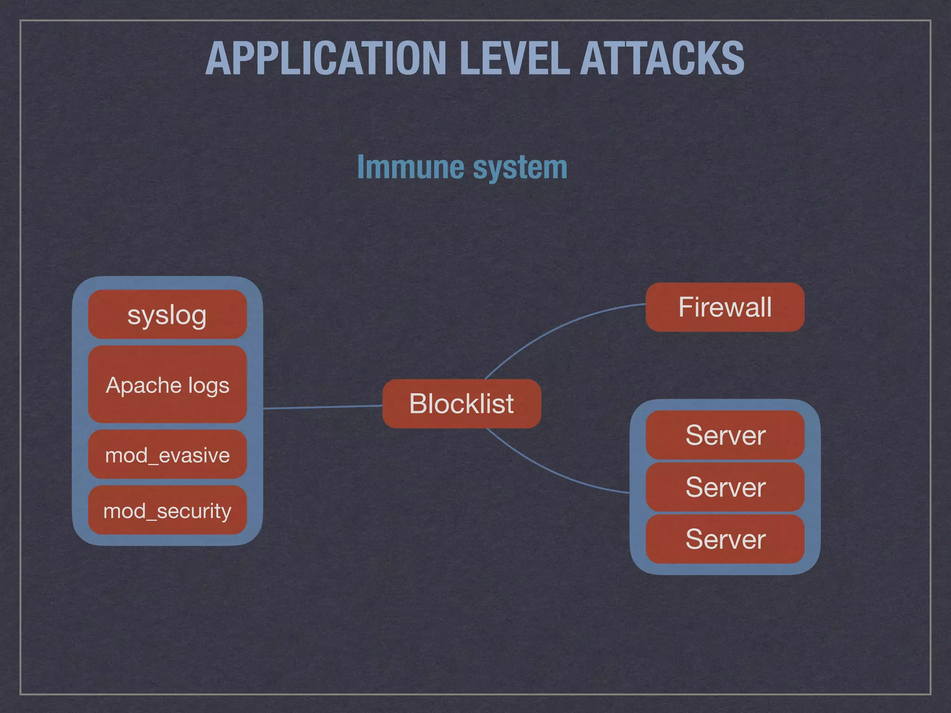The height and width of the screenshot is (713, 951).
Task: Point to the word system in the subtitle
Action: tap(520, 168)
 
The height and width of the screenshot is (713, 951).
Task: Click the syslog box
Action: tap(167, 315)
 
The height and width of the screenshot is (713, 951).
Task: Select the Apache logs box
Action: tap(167, 384)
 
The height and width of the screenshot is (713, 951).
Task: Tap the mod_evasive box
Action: tap(167, 454)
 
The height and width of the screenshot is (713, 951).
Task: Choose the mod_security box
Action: tap(167, 510)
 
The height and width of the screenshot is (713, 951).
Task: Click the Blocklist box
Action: tap(462, 403)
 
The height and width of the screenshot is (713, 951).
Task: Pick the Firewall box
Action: tap(725, 307)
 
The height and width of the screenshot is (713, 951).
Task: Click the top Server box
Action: tap(725, 435)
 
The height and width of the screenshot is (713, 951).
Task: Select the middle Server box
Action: tap(725, 487)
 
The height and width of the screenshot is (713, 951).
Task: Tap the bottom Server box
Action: tap(725, 539)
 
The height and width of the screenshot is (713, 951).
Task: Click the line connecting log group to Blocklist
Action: tap(323, 407)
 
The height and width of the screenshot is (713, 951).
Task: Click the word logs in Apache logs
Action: tap(208, 386)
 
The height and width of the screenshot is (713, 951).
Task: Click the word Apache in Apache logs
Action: tap(143, 386)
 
